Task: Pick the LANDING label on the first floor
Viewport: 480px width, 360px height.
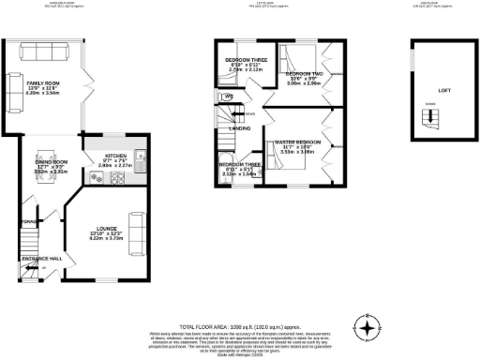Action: [239, 128]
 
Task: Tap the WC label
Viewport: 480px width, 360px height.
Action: [228, 97]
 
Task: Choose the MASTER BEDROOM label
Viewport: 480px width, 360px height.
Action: [297, 142]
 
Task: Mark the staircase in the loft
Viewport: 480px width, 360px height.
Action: [432, 119]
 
